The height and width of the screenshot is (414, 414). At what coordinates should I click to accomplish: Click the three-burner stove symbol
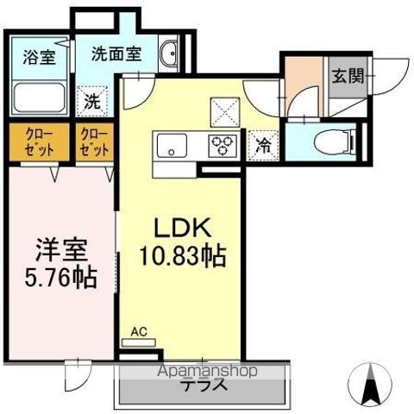point(223,145)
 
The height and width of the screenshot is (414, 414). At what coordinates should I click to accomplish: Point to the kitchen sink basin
point(171,145)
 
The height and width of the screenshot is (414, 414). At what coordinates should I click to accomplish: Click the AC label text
point(138,331)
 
